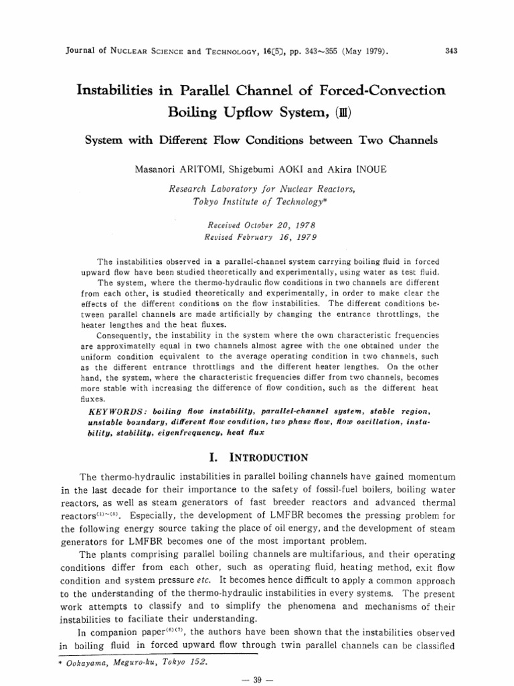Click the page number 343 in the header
451,50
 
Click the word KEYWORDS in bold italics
118,409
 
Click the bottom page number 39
257,679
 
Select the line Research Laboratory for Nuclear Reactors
262,189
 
